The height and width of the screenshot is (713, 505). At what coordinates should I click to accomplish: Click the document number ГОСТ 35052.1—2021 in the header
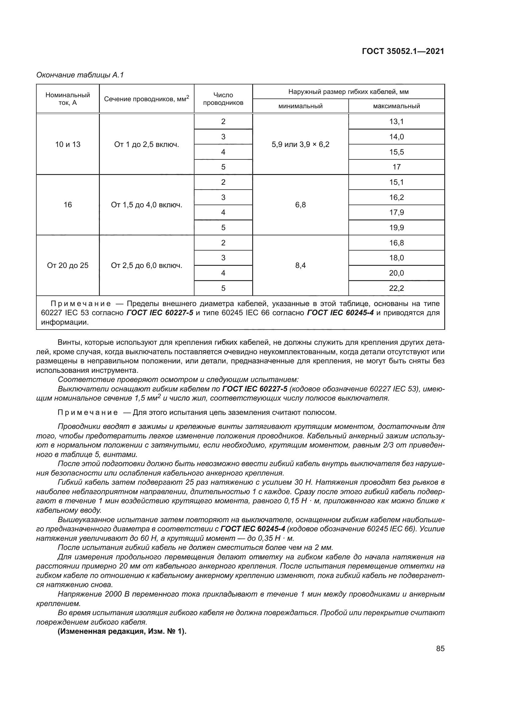[x=403, y=51]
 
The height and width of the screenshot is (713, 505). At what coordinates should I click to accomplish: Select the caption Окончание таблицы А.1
[x=80, y=75]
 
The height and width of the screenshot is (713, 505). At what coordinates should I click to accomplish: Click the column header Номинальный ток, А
[x=67, y=99]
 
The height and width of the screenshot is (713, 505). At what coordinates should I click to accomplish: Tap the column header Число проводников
[x=223, y=99]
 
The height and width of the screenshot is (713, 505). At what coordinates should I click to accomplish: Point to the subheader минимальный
[x=300, y=106]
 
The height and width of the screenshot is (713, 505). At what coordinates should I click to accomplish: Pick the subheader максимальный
[x=396, y=106]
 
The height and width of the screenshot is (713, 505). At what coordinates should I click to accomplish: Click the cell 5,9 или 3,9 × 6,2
[x=300, y=144]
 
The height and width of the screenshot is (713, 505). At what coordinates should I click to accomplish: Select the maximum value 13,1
[x=396, y=121]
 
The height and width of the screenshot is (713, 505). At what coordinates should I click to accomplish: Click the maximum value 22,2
[x=396, y=288]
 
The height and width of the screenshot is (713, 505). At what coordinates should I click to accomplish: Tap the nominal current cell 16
[x=67, y=205]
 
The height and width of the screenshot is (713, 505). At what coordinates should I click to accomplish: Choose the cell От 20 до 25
[x=67, y=266]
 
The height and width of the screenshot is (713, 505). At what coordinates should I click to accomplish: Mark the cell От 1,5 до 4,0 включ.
[x=147, y=205]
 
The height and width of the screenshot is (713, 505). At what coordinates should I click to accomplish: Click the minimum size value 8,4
[x=300, y=266]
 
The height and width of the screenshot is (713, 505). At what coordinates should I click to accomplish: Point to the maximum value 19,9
[x=396, y=228]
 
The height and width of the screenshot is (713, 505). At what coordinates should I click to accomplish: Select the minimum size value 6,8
[x=300, y=205]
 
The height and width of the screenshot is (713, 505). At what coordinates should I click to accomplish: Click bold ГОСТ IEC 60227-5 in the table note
[x=160, y=313]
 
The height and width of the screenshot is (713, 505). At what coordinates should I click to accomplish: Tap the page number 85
[x=440, y=649]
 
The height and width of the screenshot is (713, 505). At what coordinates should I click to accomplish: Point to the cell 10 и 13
[x=67, y=144]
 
